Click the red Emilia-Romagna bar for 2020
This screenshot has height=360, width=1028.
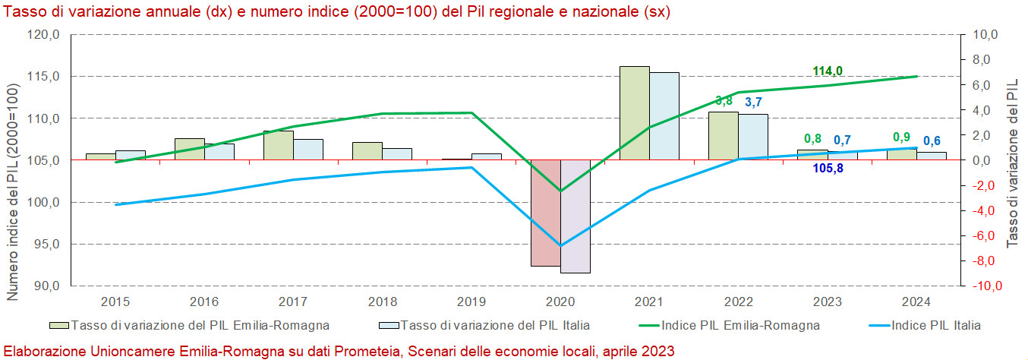pos(545,213)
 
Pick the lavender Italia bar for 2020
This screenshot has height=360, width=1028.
pos(575,216)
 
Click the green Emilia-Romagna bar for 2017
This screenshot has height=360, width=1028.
pos(278,145)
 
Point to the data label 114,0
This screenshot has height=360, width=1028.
pos(828,71)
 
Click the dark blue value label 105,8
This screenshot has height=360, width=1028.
pos(828,169)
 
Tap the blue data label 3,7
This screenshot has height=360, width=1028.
pos(753,103)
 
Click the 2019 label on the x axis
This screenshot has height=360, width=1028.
pos(471,302)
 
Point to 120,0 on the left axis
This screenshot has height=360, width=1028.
pos(44,35)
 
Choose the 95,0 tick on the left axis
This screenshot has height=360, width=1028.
pos(44,245)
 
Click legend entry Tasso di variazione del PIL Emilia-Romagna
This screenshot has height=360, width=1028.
pos(199,325)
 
